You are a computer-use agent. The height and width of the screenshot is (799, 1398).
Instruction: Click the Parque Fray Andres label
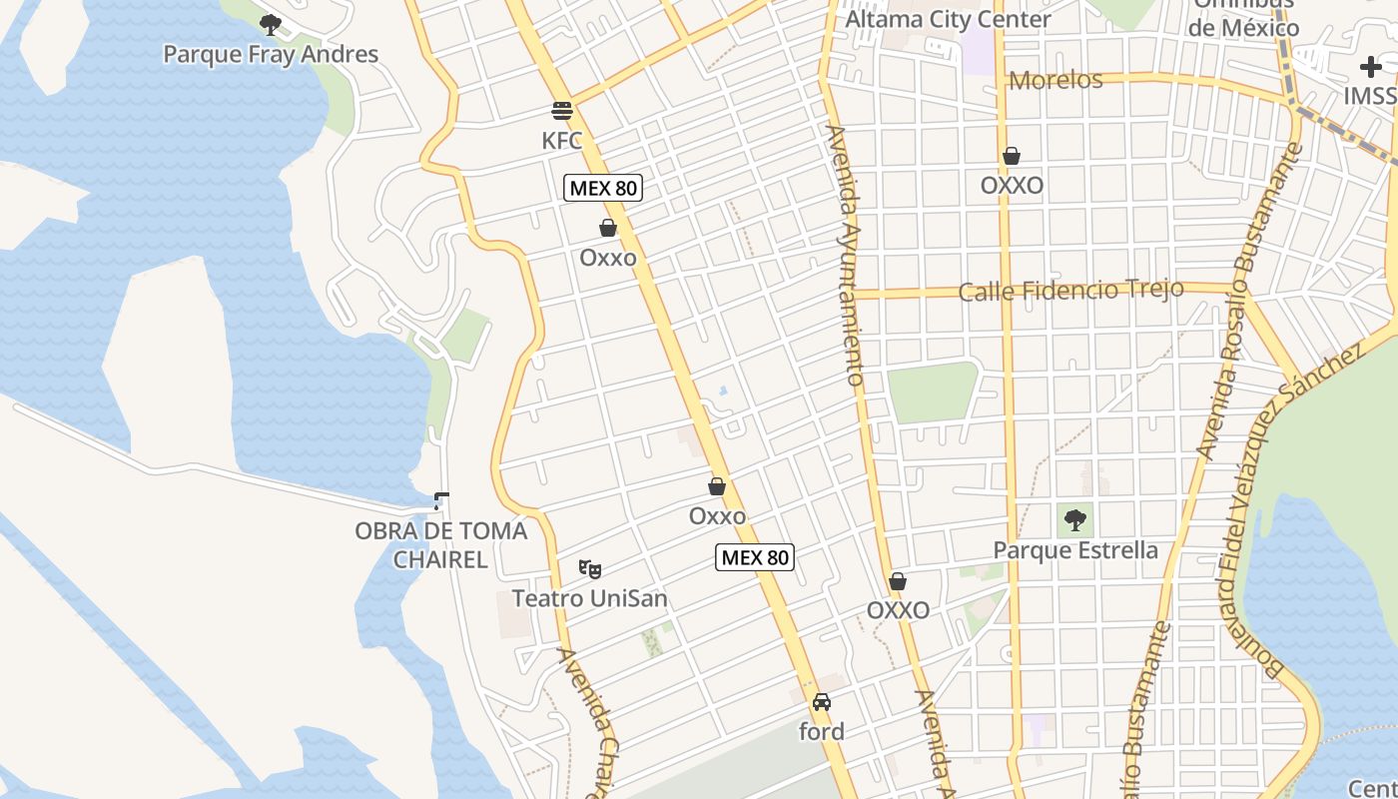(271, 54)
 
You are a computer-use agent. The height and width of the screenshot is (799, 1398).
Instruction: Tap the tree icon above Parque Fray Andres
(270, 24)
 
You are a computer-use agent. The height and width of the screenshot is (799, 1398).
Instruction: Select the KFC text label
(561, 141)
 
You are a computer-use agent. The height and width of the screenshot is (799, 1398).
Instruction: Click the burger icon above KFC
(562, 110)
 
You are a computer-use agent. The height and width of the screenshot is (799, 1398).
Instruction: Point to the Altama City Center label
(948, 19)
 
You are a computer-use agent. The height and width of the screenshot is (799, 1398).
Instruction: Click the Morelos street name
(1055, 80)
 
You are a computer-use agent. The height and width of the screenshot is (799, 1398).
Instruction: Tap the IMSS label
(1369, 96)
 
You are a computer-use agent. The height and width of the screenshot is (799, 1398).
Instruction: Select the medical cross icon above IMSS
(1371, 67)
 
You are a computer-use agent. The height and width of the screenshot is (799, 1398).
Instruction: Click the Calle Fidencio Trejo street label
(1070, 291)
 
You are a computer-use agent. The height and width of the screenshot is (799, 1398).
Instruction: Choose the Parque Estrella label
(1075, 550)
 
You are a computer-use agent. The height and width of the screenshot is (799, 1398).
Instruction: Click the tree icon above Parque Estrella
(1075, 519)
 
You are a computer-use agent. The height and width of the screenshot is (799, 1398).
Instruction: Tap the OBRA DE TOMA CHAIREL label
(440, 544)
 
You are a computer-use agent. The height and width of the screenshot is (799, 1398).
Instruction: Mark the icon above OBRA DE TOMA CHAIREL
(440, 500)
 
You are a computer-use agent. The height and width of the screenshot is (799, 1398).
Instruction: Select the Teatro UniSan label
(589, 598)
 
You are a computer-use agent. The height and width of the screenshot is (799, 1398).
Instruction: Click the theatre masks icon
(590, 569)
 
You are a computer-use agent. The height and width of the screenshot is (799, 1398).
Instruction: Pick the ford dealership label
(822, 731)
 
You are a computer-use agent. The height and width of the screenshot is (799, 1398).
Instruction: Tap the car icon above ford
(822, 702)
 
